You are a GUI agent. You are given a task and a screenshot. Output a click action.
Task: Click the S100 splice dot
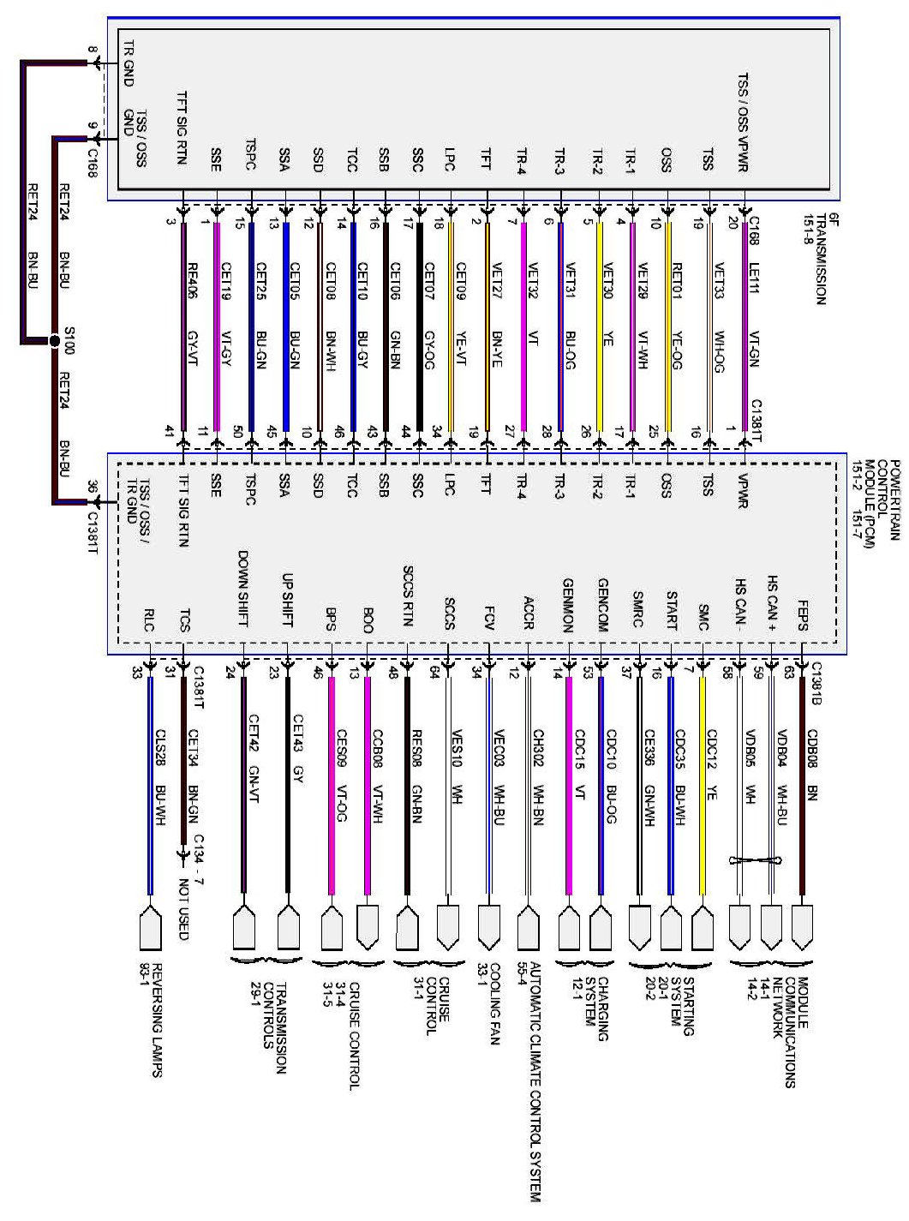(55, 341)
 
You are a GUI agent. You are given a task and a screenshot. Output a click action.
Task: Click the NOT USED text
(182, 909)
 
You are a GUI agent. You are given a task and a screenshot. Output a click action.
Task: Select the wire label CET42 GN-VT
(254, 758)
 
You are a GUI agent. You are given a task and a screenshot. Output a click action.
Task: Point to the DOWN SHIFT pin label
(243, 589)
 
